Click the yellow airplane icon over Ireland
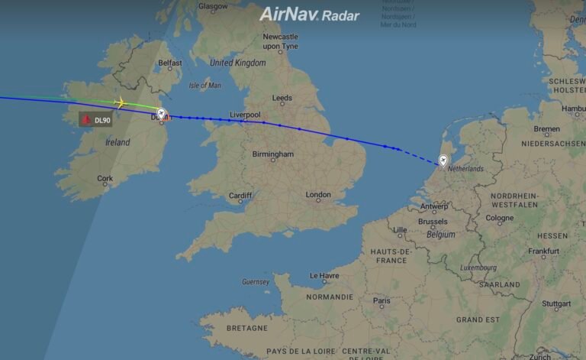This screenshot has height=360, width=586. coord(119,102)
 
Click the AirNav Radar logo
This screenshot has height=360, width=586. coord(309,15)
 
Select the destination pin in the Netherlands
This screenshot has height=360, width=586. coord(443,161)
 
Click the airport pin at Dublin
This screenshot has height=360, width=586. coord(161,114)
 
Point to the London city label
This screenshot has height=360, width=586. coord(318,195)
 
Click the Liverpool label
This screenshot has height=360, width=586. coord(245,115)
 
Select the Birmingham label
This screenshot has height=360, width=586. coord(272,154)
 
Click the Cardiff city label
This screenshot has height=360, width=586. coord(240,196)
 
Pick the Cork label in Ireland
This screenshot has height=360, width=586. coord(105,179)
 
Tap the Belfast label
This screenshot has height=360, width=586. coord(170,63)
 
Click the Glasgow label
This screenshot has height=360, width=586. coord(213,6)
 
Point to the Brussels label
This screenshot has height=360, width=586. coord(433,222)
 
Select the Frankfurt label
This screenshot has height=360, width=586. coord(543,251)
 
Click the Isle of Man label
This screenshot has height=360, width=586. coord(204,85)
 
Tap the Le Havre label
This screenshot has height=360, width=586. coord(325,275)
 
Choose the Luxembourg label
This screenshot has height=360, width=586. coord(478,268)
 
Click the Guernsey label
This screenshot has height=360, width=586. coord(256,281)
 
